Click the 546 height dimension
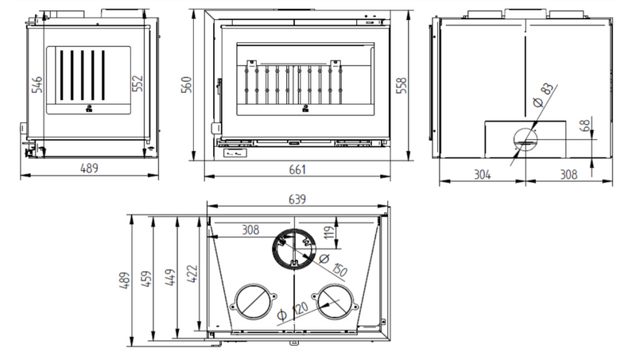[x=37, y=84]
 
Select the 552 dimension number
[x=138, y=83]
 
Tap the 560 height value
[x=186, y=85]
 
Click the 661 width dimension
[x=297, y=169]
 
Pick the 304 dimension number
[x=483, y=174]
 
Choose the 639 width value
[x=297, y=199]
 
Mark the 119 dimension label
[x=329, y=232]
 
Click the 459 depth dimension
[x=146, y=279]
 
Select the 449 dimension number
[x=170, y=277]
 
